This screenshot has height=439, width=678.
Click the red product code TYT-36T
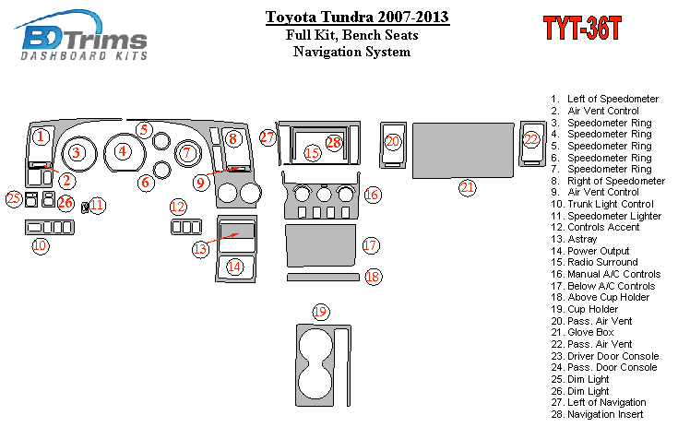[582, 29]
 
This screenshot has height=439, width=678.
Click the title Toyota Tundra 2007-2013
[357, 17]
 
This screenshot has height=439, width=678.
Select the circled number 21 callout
[467, 188]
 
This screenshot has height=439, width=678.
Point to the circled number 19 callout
[320, 312]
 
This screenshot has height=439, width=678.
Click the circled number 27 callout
[268, 137]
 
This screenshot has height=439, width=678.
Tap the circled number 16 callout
[373, 195]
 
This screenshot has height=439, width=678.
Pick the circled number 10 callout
[41, 245]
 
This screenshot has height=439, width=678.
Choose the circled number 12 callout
[178, 207]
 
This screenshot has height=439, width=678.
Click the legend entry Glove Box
[582, 332]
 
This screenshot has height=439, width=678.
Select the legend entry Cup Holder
[584, 309]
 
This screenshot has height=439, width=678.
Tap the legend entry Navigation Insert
[597, 414]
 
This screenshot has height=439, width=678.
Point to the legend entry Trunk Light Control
[601, 204]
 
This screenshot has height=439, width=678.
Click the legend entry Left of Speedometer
[604, 99]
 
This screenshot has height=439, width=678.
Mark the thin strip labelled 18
[323, 277]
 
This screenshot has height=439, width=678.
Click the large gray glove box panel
[463, 150]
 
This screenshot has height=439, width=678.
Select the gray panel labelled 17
[321, 245]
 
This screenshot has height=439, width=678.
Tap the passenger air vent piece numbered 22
[532, 144]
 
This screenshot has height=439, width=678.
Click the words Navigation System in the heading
[351, 52]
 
